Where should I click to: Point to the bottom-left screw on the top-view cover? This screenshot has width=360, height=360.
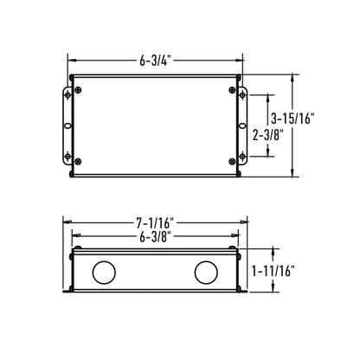pyautogui.click(x=79, y=163)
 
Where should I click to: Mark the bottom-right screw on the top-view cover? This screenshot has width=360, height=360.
pyautogui.click(x=233, y=163)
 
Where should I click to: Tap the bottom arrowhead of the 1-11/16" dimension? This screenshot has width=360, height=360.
pyautogui.click(x=276, y=289)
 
